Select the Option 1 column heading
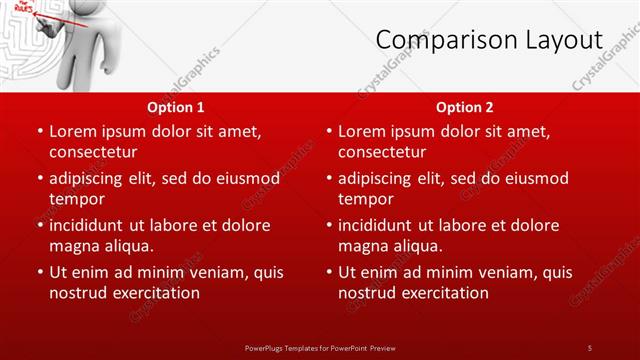(176, 107)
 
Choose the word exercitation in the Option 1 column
(154, 293)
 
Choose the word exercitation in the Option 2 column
(443, 293)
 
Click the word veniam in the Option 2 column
(505, 272)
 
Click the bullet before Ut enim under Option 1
(39, 272)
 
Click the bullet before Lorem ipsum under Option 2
(328, 131)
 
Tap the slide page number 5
(589, 347)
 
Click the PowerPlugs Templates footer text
(320, 347)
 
